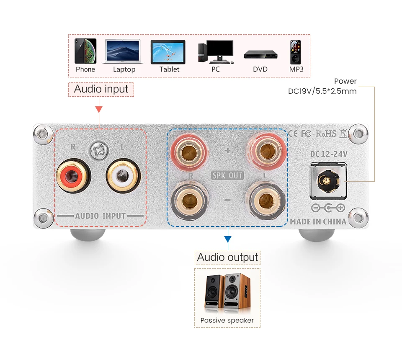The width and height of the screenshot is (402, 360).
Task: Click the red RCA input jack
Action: [x=73, y=176]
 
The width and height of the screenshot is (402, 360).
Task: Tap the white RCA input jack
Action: [x=123, y=176]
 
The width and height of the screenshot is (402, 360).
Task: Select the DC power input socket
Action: [x=328, y=181]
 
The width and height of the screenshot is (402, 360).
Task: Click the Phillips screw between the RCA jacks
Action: [x=98, y=150]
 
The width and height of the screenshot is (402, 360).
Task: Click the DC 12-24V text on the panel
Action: [x=329, y=154]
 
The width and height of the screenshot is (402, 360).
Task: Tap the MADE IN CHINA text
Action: [x=318, y=221]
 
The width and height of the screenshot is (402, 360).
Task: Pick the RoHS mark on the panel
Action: [x=326, y=134]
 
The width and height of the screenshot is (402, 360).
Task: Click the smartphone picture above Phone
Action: [x=85, y=51]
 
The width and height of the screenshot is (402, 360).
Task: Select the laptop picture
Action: [x=123, y=51]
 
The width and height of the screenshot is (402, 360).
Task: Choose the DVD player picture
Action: [x=260, y=54]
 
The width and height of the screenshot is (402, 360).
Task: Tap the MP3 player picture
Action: [x=295, y=52]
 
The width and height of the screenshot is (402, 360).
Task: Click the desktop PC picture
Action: [x=216, y=52]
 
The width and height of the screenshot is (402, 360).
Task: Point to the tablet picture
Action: [x=168, y=52]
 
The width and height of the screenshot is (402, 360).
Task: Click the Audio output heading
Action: [x=227, y=257]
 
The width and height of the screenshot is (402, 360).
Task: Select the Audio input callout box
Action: [x=101, y=90]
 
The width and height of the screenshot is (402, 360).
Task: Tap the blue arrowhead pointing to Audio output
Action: [x=228, y=239]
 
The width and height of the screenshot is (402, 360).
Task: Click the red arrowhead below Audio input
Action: [x=99, y=109]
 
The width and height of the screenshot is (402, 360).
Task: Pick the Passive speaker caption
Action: [x=227, y=320]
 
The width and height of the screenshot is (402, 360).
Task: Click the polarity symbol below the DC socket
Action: [x=328, y=208]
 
